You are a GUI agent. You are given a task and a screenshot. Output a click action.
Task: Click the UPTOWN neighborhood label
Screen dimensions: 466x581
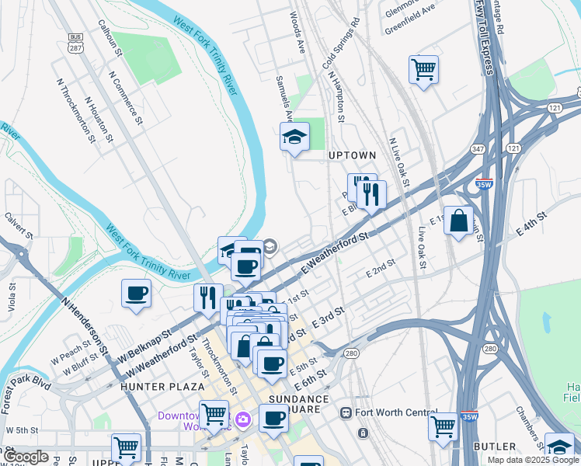point(352,155)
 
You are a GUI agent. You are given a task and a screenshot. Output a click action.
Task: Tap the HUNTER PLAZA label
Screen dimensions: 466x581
point(162,386)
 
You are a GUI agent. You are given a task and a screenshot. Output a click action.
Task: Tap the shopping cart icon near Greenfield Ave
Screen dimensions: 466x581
point(423,69)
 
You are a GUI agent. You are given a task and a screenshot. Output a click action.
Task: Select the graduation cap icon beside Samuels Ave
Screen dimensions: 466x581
point(294,137)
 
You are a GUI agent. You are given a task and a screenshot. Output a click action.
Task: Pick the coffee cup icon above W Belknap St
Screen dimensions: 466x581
point(136,294)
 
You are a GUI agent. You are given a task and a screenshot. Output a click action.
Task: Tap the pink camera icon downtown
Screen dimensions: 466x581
point(244,419)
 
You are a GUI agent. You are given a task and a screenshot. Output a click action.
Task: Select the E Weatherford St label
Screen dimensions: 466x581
point(333,249)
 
